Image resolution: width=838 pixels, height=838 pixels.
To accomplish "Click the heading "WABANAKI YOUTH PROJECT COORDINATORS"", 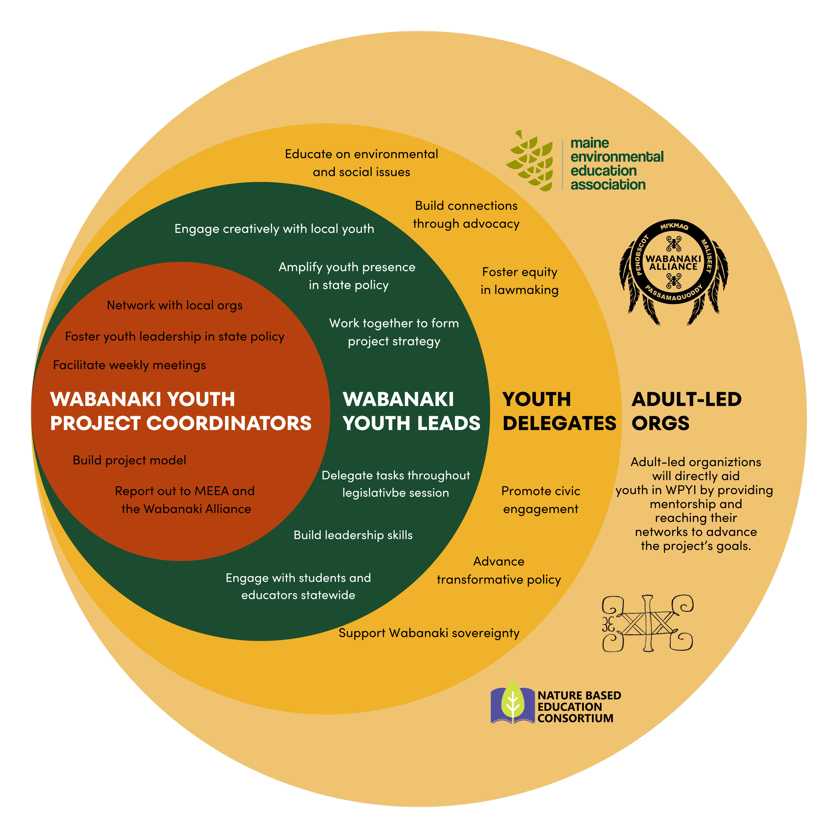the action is click(180, 411).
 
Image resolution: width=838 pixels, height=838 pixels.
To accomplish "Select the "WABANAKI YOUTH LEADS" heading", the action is click(411, 411).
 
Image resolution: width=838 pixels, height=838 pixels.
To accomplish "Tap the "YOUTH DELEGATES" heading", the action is click(559, 411).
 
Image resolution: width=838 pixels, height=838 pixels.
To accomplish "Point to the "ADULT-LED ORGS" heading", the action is click(686, 411).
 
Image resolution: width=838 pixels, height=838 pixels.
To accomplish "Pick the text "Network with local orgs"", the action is click(174, 305).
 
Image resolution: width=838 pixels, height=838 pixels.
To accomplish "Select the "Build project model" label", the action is click(129, 460).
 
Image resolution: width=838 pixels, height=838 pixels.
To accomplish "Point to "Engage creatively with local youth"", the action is click(274, 229).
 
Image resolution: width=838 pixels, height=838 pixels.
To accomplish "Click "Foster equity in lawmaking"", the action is click(519, 281).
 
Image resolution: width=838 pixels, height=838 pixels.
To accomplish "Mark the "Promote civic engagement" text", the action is click(540, 500).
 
